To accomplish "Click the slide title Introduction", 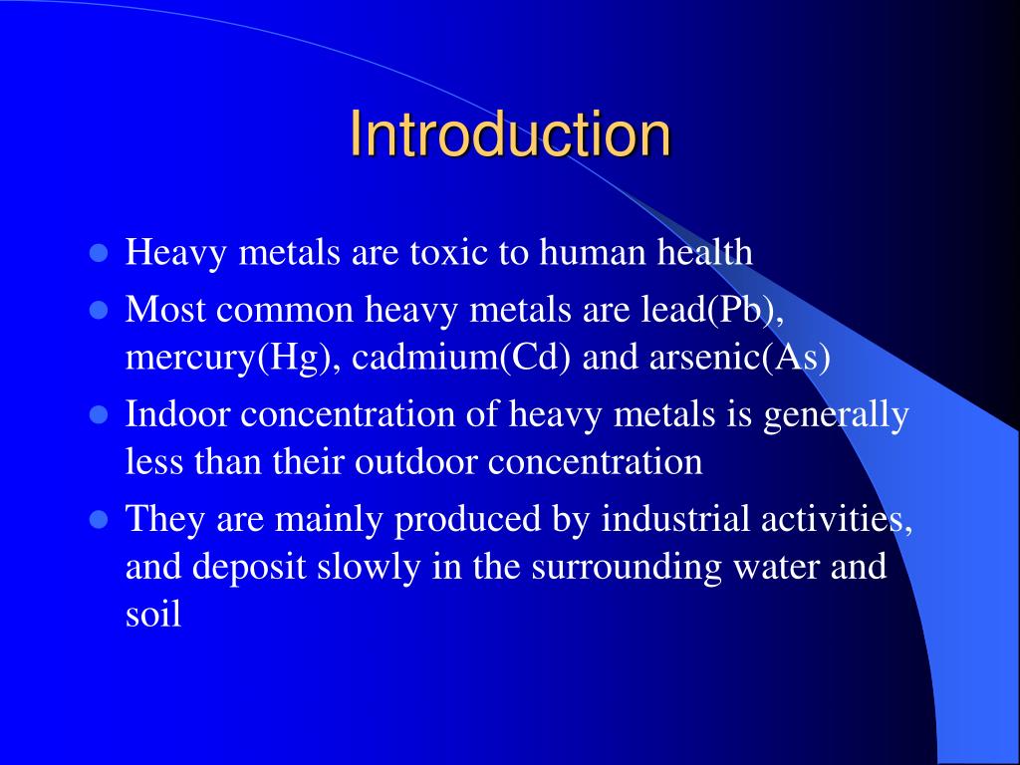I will tap(510, 135).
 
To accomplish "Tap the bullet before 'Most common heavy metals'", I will tap(98, 310).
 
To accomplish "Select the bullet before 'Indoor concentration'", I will tap(98, 414).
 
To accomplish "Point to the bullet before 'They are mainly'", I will tap(98, 519).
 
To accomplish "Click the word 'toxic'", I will tap(449, 252).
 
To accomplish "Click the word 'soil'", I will tap(153, 614).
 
